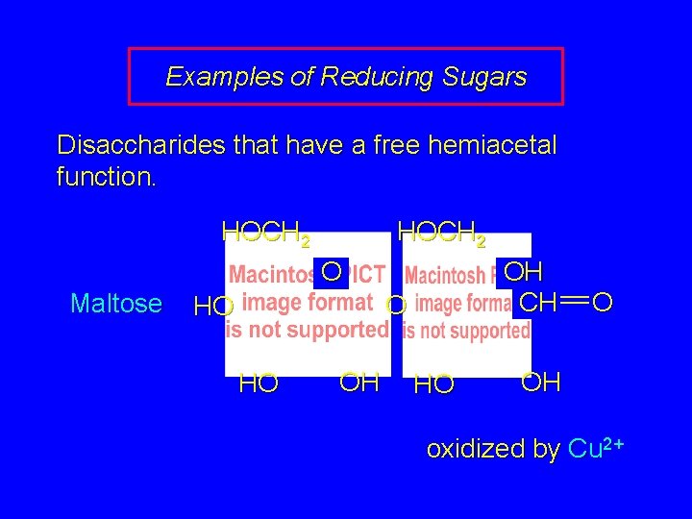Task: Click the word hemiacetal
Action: (490, 146)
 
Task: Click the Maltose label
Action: (116, 304)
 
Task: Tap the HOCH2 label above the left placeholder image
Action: (265, 233)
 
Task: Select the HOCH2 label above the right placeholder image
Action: (441, 233)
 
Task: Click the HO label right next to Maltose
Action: (213, 308)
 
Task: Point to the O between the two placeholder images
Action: (396, 307)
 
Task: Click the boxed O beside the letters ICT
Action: (332, 272)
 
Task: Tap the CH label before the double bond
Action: (536, 303)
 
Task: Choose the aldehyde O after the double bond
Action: (603, 304)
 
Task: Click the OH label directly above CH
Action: (524, 272)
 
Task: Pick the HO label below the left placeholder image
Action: (259, 384)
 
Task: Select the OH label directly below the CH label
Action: (541, 382)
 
